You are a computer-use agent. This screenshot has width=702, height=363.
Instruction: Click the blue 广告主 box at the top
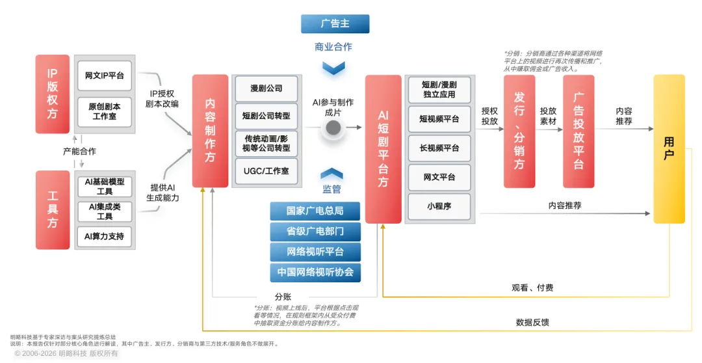click(x=335, y=24)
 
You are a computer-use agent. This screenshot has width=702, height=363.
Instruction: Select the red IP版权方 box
click(x=53, y=94)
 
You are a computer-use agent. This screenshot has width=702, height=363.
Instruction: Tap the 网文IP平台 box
click(x=105, y=75)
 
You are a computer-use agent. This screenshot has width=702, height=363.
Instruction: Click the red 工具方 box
click(x=53, y=209)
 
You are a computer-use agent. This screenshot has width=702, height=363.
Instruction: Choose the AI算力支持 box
click(x=104, y=236)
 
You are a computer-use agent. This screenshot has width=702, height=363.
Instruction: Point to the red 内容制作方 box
click(x=210, y=131)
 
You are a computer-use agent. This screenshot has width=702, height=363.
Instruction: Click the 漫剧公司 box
click(x=266, y=88)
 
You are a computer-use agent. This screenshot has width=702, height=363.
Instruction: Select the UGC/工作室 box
click(x=266, y=171)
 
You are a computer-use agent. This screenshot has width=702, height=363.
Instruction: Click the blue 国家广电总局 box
click(x=315, y=211)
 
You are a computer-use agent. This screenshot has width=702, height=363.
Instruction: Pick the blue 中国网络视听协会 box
click(x=315, y=272)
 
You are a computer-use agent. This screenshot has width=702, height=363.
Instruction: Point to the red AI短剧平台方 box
click(x=383, y=149)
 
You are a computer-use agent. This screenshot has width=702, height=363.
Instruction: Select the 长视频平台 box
click(x=439, y=148)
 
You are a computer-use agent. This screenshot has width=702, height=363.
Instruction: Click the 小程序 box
click(x=439, y=206)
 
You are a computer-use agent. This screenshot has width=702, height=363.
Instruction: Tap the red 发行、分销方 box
click(x=519, y=131)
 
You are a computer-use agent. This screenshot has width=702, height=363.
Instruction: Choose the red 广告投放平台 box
click(x=578, y=131)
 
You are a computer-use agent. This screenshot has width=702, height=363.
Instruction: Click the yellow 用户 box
click(x=669, y=149)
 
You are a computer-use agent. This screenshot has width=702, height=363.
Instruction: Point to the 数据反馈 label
click(x=532, y=322)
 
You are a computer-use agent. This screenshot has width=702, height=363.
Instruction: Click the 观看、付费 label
click(x=532, y=288)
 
